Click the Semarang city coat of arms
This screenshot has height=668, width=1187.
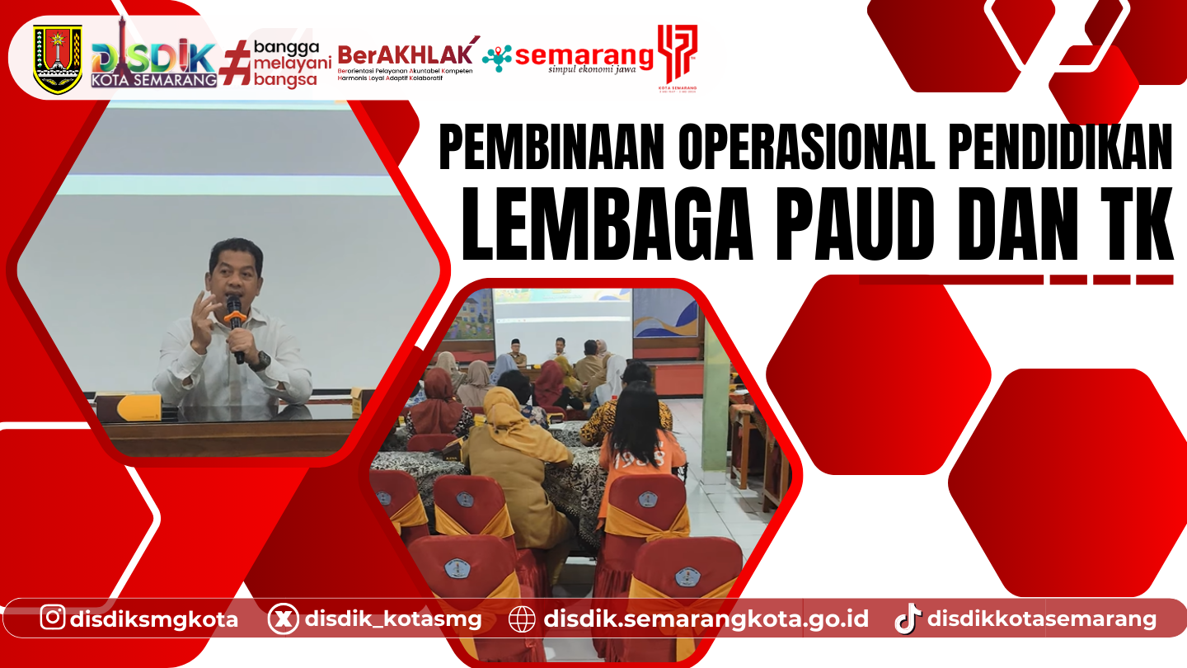click(x=58, y=59)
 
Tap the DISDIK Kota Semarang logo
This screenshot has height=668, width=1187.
click(x=154, y=62)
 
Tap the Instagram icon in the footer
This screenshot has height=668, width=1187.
click(x=53, y=618)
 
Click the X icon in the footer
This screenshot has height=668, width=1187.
click(x=283, y=619)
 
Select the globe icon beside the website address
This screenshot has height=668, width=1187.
click(x=522, y=619)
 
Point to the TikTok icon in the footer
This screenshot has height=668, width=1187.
click(x=908, y=619)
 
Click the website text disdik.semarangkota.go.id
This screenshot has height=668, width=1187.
click(x=706, y=619)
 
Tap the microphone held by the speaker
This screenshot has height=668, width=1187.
click(x=235, y=312)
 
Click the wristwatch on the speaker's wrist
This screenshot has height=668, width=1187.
click(x=260, y=360)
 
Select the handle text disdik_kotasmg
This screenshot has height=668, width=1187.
click(x=393, y=619)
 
